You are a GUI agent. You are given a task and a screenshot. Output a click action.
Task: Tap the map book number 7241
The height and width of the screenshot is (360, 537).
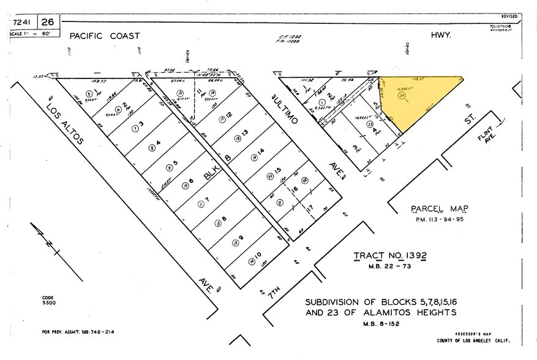coord(23,21)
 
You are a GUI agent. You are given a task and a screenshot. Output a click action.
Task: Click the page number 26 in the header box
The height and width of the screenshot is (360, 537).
coord(47,21)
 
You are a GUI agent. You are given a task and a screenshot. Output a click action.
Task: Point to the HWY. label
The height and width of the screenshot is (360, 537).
coord(440,36)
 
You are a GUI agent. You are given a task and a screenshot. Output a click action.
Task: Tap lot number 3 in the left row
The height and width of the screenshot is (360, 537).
coord(141,124)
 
